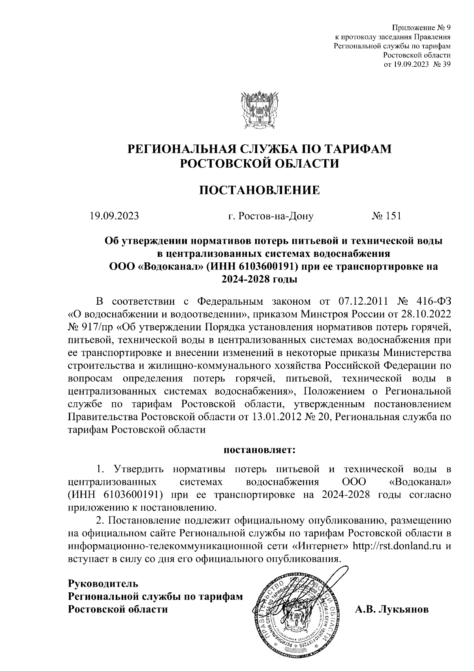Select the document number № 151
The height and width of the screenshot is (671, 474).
386,216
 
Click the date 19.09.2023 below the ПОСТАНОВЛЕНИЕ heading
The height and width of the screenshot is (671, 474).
114,216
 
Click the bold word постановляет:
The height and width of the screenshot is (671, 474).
260,450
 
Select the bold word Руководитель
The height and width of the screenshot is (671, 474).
103,583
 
